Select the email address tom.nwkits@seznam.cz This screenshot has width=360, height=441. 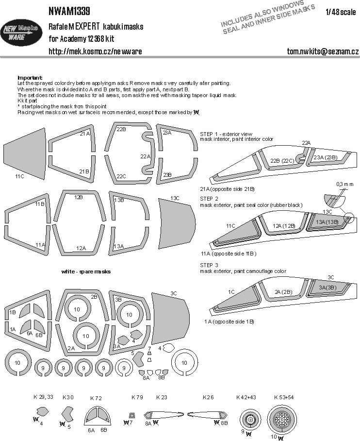(323, 51)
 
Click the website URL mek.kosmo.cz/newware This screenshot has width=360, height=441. (95, 51)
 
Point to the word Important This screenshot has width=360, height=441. (30, 78)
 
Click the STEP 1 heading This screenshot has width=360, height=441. (212, 133)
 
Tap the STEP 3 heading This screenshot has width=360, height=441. (212, 265)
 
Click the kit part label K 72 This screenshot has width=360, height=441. (96, 398)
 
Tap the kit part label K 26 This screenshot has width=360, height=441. (209, 397)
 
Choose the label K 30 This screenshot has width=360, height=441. (68, 397)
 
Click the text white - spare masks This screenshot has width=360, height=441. (86, 271)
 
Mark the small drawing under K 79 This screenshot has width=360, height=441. (132, 415)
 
